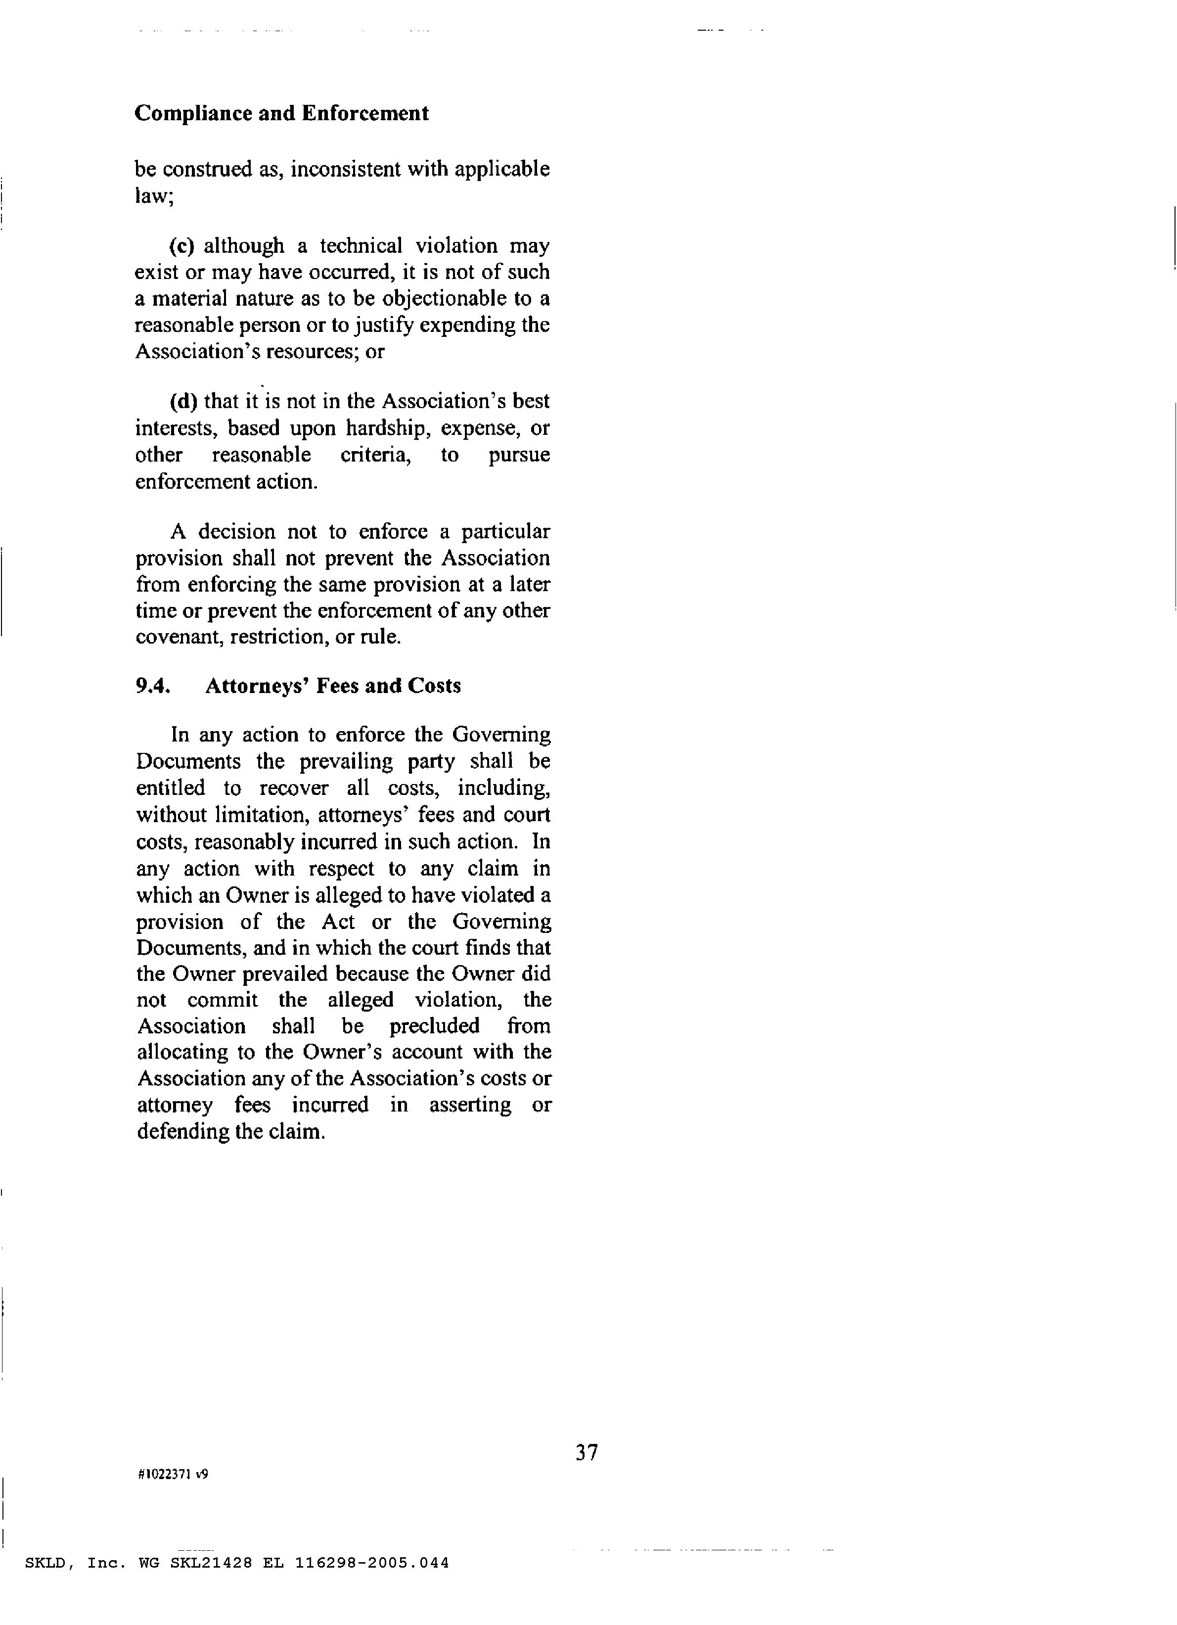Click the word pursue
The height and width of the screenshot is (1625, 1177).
coord(519,456)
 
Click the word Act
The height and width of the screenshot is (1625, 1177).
coord(338,922)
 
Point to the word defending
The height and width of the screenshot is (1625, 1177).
coord(183,1132)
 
